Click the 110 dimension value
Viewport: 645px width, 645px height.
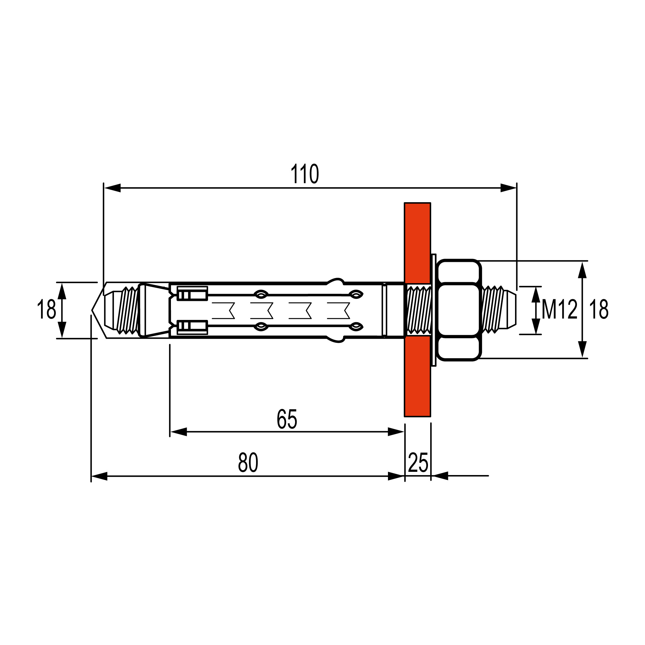pyautogui.click(x=304, y=174)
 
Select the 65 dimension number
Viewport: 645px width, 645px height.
pyautogui.click(x=287, y=419)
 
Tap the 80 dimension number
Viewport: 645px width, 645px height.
pyautogui.click(x=248, y=463)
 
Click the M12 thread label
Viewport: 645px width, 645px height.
pyautogui.click(x=559, y=310)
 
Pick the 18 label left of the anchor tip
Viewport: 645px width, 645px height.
pyautogui.click(x=46, y=310)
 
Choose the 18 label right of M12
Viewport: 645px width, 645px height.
pyautogui.click(x=599, y=310)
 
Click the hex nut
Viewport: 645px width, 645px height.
pyautogui.click(x=459, y=310)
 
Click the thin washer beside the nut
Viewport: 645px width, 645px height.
pyautogui.click(x=434, y=310)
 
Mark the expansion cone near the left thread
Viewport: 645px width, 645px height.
pyautogui.click(x=154, y=310)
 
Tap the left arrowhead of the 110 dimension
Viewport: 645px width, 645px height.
pyautogui.click(x=112, y=188)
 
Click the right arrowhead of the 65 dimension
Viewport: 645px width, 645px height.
pyautogui.click(x=396, y=432)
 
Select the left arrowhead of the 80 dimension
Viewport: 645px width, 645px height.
pyautogui.click(x=99, y=476)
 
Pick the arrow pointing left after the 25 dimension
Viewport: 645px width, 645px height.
pyautogui.click(x=440, y=476)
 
